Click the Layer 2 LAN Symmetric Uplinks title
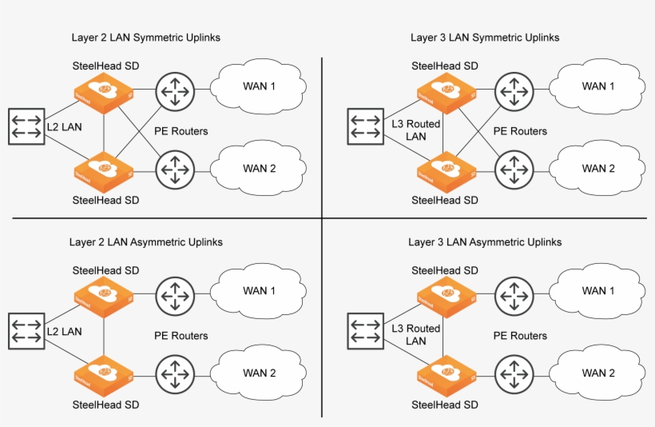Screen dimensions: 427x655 click(x=146, y=38)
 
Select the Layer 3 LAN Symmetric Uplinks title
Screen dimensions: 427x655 click(x=485, y=38)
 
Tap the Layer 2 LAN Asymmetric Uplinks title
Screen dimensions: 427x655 click(x=147, y=241)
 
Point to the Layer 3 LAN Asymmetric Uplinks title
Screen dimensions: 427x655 click(x=485, y=241)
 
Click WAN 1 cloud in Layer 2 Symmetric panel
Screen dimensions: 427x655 click(x=259, y=86)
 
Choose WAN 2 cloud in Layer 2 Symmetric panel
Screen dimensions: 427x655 click(x=259, y=168)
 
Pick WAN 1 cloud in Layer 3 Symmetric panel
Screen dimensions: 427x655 click(x=597, y=86)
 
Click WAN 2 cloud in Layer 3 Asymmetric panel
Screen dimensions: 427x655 click(x=597, y=373)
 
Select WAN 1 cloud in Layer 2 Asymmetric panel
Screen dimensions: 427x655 click(x=259, y=290)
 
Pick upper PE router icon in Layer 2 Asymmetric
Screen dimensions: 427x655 click(x=175, y=296)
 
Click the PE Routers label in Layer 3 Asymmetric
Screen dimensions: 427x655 click(x=520, y=336)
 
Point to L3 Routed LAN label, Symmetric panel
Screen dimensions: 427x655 click(x=416, y=131)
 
